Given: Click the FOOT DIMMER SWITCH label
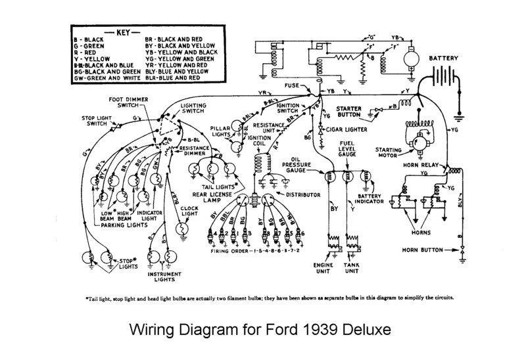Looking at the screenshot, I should (x=130, y=102).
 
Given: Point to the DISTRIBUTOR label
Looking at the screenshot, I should (x=302, y=195).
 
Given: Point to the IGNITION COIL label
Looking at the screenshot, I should (x=259, y=142).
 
